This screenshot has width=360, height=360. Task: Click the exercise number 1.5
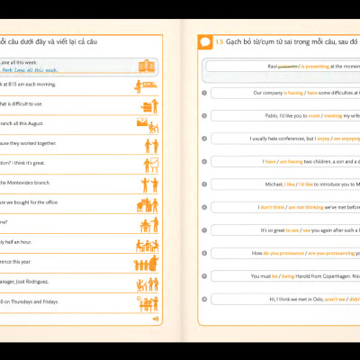pos(220,42)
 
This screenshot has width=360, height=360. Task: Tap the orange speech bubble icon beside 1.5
pos(206,42)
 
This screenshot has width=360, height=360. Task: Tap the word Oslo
pos(310,299)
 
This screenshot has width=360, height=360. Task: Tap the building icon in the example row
pos(146,66)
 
